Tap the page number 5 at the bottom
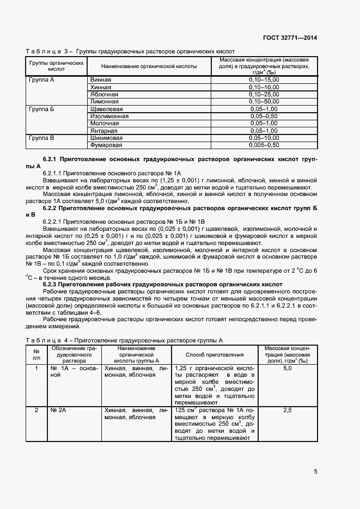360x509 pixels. [x=316, y=471]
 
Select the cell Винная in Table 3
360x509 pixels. [x=101, y=79]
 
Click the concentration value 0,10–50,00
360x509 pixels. [x=264, y=101]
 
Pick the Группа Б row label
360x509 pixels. [x=41, y=109]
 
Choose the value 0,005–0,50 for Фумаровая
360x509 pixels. [x=264, y=145]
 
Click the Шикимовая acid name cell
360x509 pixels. [x=106, y=138]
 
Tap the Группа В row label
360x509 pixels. [x=41, y=138]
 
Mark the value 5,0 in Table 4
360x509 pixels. [x=288, y=369]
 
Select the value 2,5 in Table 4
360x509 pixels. [x=288, y=410]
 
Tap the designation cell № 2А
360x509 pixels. [x=58, y=410]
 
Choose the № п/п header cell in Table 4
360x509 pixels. [x=36, y=354]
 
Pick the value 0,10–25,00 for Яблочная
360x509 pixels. [x=264, y=94]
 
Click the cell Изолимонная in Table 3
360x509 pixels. [x=109, y=116]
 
